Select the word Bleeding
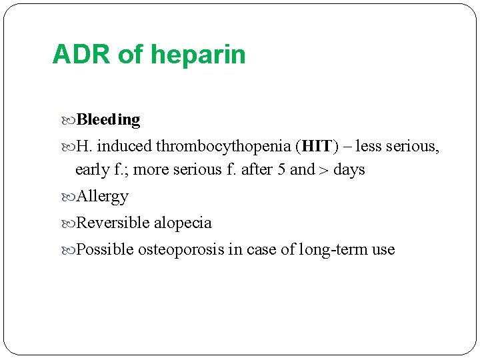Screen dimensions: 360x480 tap(109, 120)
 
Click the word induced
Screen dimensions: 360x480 tap(125, 146)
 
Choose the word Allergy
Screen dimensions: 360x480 tap(103, 197)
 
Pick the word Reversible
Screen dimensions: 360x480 tap(113, 223)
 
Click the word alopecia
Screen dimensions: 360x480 tap(183, 223)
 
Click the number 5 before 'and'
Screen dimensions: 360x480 tap(283, 169)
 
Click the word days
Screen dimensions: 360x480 tap(349, 169)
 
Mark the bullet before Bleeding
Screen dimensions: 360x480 tap(71, 121)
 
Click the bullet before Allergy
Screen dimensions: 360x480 tap(71, 197)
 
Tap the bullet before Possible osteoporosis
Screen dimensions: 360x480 tap(71, 250)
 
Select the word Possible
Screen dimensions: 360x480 tap(105, 249)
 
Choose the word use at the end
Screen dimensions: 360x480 tap(383, 250)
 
